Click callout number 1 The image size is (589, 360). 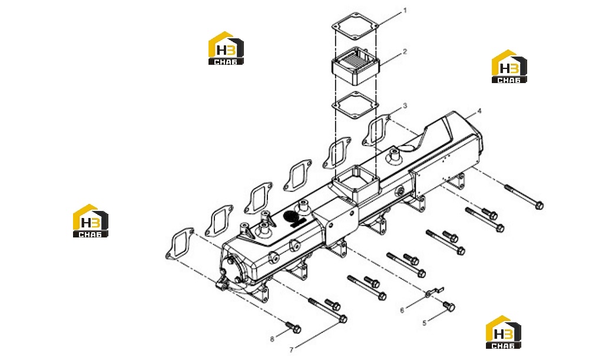point(405,11)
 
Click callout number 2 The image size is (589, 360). point(405,51)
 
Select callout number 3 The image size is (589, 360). point(405,106)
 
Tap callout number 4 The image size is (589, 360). point(479,111)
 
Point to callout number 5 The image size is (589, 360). point(425,323)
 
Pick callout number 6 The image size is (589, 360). point(402,311)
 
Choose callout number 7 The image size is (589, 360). point(291,350)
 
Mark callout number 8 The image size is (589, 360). point(272,339)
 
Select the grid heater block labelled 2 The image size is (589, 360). point(355,66)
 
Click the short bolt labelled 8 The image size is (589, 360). point(293,328)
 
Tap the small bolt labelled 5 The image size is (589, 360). point(449,306)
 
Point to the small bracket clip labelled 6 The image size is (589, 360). point(435,291)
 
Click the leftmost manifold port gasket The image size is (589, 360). point(180,243)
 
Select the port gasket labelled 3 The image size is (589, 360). point(376,130)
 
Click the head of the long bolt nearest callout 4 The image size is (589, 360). point(539,205)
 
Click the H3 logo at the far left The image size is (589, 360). point(91,220)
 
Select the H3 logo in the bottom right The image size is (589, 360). point(504,332)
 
